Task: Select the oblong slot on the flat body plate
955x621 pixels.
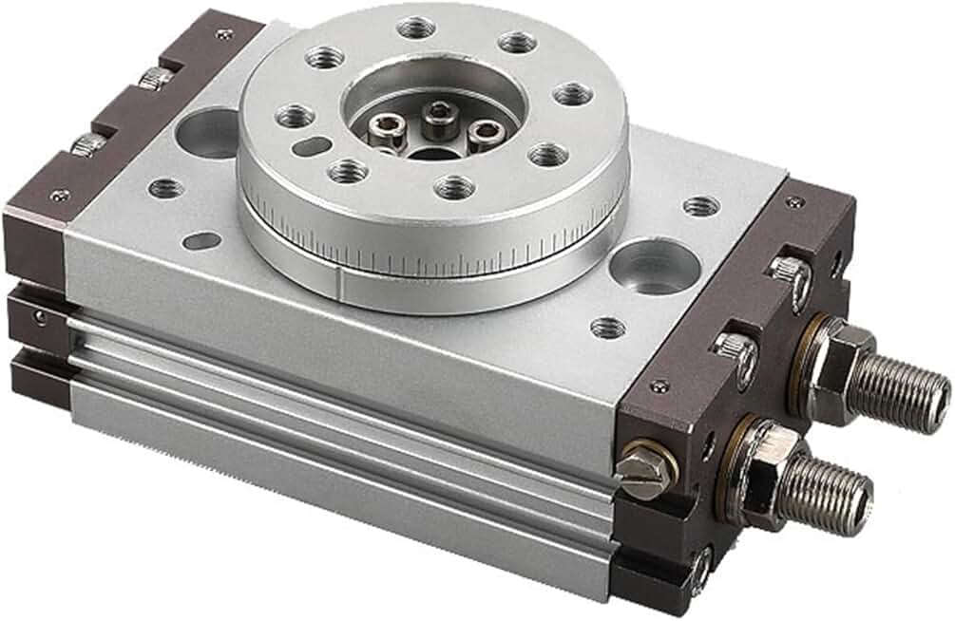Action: [201, 240]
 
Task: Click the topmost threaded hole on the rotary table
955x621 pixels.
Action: [416, 27]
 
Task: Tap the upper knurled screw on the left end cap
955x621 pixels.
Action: [155, 78]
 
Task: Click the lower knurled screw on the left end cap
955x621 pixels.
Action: [88, 144]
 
